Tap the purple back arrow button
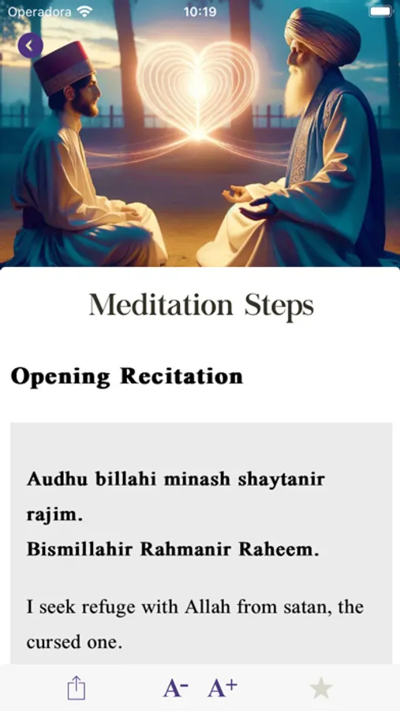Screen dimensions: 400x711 (30, 45)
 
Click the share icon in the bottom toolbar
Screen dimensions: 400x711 (77, 688)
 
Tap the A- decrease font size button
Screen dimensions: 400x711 (176, 688)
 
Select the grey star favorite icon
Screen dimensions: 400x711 (321, 688)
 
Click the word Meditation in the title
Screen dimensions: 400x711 (161, 305)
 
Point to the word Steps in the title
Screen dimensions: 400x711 (279, 306)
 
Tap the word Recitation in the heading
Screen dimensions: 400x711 (181, 376)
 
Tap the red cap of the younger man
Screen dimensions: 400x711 (63, 68)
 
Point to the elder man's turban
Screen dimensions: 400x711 (322, 36)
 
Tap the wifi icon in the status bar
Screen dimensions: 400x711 (84, 11)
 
